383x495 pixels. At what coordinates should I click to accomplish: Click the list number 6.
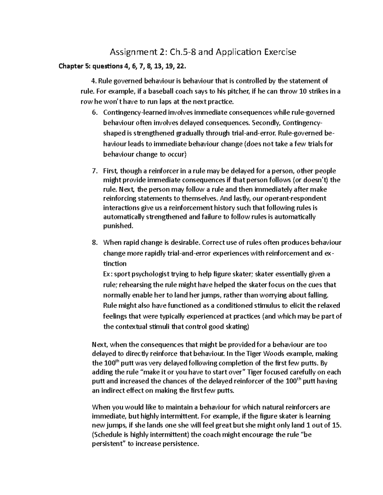[x=94, y=113]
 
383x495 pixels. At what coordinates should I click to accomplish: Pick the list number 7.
[x=94, y=171]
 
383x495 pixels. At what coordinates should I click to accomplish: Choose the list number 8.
[x=94, y=243]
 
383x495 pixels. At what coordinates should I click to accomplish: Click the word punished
[x=117, y=226]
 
